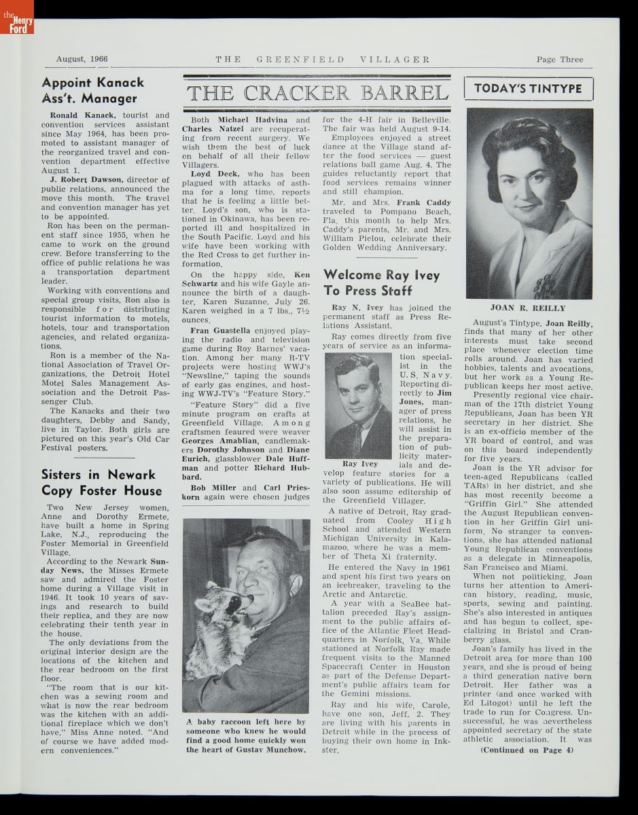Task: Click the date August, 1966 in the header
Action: click(82, 59)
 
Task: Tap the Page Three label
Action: click(559, 59)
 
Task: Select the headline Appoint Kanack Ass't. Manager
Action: click(93, 90)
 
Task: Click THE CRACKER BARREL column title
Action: click(317, 93)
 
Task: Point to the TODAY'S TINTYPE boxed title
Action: click(529, 89)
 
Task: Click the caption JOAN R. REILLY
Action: click(528, 308)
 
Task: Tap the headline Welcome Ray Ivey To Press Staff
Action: click(381, 283)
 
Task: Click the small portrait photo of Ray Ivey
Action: click(358, 406)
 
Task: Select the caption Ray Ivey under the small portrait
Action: click(360, 464)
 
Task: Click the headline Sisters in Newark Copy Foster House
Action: click(101, 482)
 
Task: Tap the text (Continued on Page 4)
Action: click(527, 750)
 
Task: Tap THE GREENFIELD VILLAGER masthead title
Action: click(323, 59)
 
